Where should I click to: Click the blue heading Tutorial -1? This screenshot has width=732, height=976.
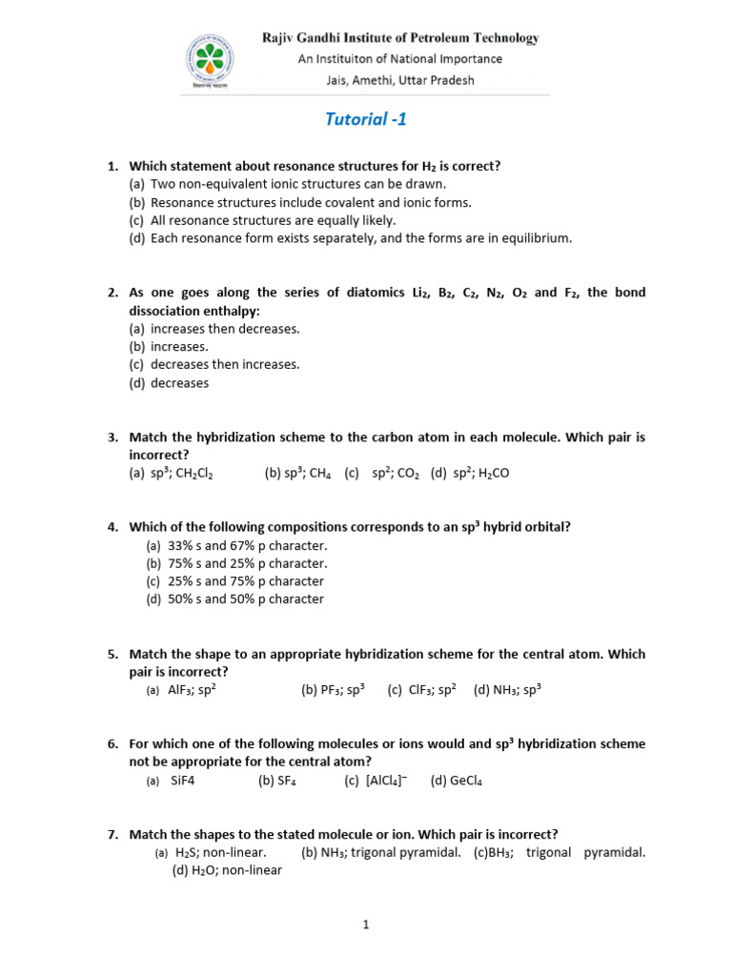tap(357, 119)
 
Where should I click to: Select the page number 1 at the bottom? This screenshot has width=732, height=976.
tap(366, 924)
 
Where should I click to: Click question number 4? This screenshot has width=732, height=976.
tap(112, 527)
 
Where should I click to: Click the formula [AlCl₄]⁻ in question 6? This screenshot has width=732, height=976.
tap(387, 781)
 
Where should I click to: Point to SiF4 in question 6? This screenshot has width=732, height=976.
tap(183, 781)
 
